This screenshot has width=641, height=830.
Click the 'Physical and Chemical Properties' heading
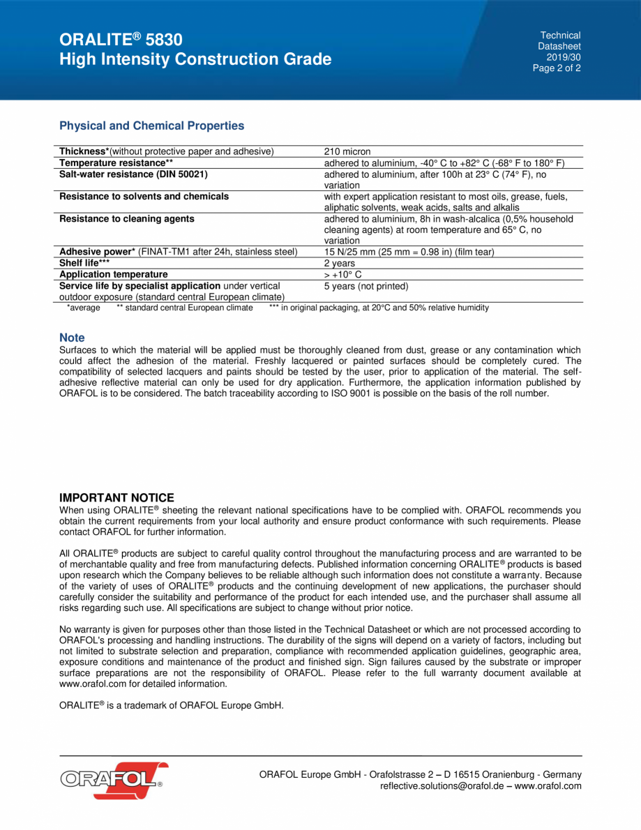[151, 126]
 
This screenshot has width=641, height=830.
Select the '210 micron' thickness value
[347, 151]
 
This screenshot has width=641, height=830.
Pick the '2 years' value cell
[339, 264]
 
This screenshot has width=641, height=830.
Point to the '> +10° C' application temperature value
[343, 275]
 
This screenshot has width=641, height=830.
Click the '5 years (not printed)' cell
[366, 286]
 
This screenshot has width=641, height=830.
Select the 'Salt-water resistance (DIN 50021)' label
[133, 174]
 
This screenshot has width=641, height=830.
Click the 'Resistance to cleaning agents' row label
[126, 219]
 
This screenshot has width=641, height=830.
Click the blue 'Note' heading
[72, 338]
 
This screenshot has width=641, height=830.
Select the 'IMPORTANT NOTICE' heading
[116, 497]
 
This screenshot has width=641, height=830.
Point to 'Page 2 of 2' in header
[557, 68]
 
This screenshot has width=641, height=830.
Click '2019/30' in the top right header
[563, 57]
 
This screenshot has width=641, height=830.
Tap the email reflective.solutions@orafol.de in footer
[444, 786]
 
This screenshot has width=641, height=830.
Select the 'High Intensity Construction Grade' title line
[195, 59]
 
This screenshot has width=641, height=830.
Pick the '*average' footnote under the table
[83, 308]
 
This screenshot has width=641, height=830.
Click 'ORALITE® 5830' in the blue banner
[121, 40]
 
